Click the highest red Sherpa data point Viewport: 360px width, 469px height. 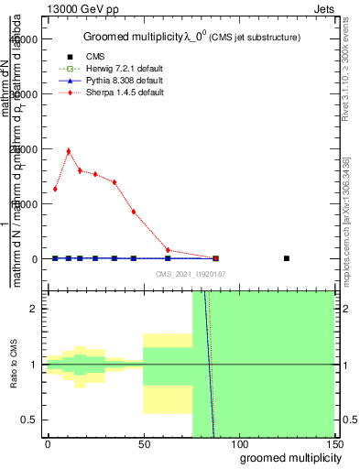click(x=69, y=151)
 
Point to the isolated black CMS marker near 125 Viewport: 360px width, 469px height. click(x=287, y=258)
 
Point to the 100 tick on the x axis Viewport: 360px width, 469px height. click(x=238, y=445)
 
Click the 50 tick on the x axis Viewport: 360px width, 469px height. click(x=143, y=445)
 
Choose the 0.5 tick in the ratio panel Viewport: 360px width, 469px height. click(x=29, y=420)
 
